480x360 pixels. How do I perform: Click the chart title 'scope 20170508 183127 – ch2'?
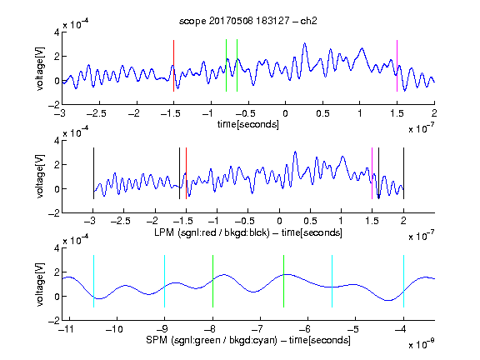pos(248,21)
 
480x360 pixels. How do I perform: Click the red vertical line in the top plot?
pos(173,66)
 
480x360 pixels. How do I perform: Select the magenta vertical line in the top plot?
pos(397,66)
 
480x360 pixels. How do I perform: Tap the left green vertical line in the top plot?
pos(226,65)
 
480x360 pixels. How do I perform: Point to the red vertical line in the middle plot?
pos(186,173)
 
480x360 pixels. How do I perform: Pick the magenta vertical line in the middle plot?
pos(372,173)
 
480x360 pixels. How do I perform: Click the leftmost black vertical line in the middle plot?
pos(93,173)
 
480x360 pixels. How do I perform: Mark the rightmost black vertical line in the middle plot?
pos(403,173)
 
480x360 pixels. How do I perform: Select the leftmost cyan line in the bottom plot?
pos(93,281)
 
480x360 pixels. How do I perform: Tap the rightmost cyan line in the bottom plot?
pos(403,281)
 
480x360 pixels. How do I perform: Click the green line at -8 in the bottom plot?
pos(212,281)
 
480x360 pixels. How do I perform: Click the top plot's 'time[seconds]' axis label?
pos(248,124)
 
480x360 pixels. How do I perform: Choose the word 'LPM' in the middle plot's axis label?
pos(164,232)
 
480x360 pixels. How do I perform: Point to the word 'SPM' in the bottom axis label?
pos(156,340)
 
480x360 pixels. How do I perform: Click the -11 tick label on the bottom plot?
pos(66,329)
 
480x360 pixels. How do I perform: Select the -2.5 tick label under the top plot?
pos(97,113)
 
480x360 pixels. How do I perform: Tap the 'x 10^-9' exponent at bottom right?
pos(422,344)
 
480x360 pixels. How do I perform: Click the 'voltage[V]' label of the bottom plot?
pos(40,284)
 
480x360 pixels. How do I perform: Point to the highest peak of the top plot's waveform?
pos(305,43)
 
